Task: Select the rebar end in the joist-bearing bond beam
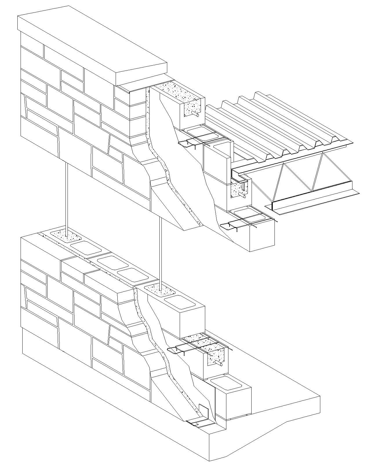tap(244, 196)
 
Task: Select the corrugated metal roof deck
tap(278, 125)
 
